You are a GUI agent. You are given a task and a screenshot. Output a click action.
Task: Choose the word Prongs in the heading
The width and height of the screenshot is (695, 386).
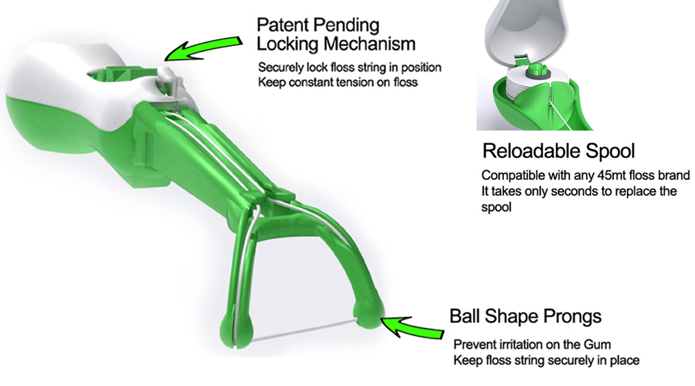click(x=570, y=317)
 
